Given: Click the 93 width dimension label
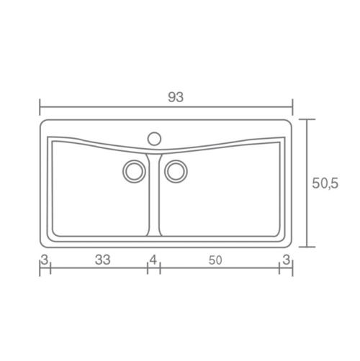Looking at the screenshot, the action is click(x=176, y=97).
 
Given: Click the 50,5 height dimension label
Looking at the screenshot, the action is click(x=325, y=183).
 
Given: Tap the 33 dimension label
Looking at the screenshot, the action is click(x=102, y=260).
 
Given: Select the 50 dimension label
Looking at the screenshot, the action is click(x=215, y=260).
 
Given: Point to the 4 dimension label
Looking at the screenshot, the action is click(x=153, y=260).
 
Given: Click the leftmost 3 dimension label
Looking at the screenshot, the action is click(x=45, y=260).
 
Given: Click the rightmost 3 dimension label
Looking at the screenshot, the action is click(x=286, y=260).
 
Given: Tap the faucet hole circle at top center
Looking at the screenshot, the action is click(x=154, y=139).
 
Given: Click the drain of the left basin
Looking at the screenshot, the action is click(x=134, y=171).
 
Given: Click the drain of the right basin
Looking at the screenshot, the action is click(x=176, y=171).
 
